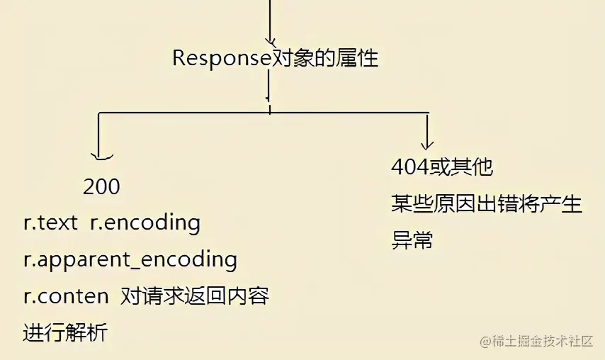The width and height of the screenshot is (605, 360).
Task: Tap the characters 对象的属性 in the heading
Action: pos(326,58)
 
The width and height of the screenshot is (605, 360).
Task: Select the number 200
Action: pos(101,187)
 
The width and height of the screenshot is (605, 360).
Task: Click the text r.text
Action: pos(50,223)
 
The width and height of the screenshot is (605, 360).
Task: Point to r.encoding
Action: pos(145,223)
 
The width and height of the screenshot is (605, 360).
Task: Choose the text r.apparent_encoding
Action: pos(130,260)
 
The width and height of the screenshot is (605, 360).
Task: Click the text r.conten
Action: pos(66,296)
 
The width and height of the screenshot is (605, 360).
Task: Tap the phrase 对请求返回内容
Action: pos(195,296)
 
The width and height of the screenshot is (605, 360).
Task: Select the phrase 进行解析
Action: pos(65,332)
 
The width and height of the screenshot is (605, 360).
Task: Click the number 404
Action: pos(409,168)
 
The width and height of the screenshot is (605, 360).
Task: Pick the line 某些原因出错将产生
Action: pos(486,205)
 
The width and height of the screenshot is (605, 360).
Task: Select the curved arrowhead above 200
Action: pos(101,156)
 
